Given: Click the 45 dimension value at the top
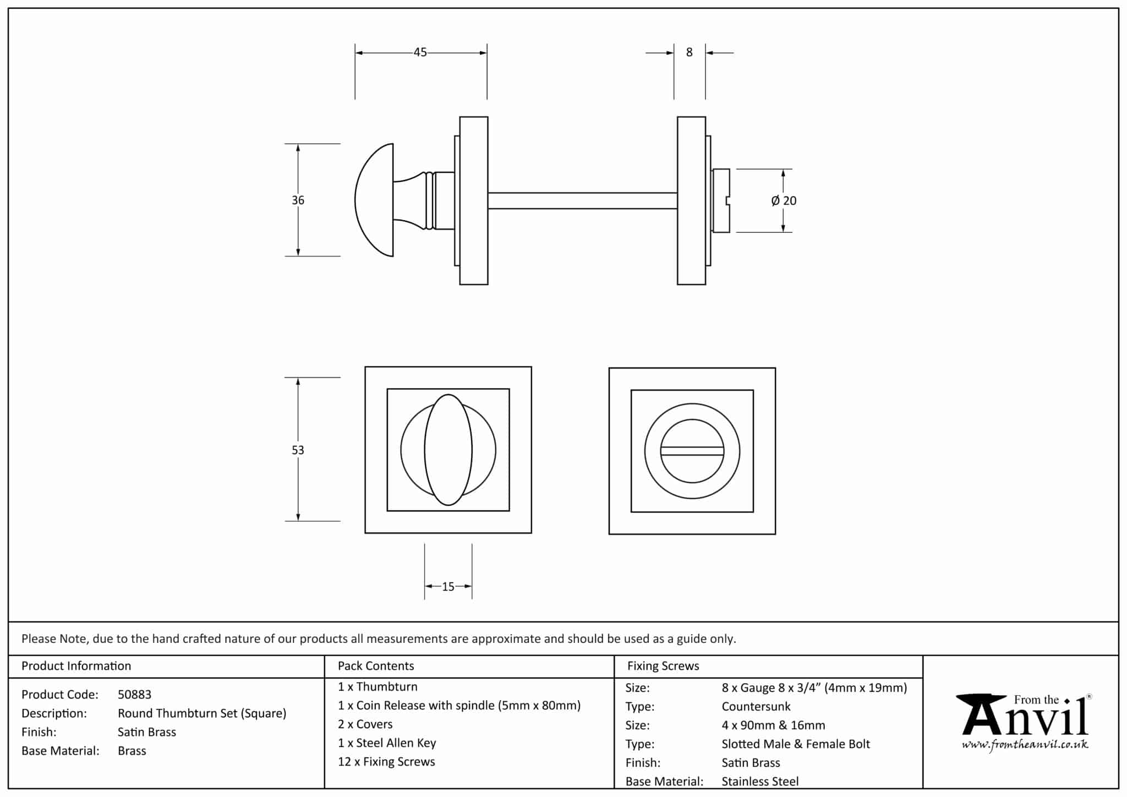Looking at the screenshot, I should [x=420, y=52].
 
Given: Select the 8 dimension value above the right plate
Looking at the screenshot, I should [x=689, y=52].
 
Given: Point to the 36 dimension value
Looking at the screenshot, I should [x=298, y=200].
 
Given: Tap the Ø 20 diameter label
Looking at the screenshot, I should [x=784, y=201].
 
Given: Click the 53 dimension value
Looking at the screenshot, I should [x=298, y=450].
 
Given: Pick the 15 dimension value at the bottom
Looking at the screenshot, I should [x=448, y=587].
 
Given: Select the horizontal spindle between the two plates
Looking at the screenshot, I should [x=582, y=200].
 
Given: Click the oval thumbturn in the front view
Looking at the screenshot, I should [x=448, y=450].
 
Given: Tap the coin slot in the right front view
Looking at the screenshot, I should [x=692, y=451].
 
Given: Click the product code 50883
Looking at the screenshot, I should [x=134, y=695].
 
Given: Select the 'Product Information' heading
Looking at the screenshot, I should [x=76, y=666].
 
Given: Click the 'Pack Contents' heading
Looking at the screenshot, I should [x=376, y=666].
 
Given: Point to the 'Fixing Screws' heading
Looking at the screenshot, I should [x=663, y=666].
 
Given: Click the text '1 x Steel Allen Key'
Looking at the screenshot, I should [x=387, y=743].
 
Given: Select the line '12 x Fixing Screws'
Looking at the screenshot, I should [x=386, y=762].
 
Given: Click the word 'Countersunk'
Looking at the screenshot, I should [x=756, y=707].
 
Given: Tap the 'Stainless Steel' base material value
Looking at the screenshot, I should [x=760, y=781].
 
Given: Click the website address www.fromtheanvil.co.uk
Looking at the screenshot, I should [x=1025, y=745].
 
